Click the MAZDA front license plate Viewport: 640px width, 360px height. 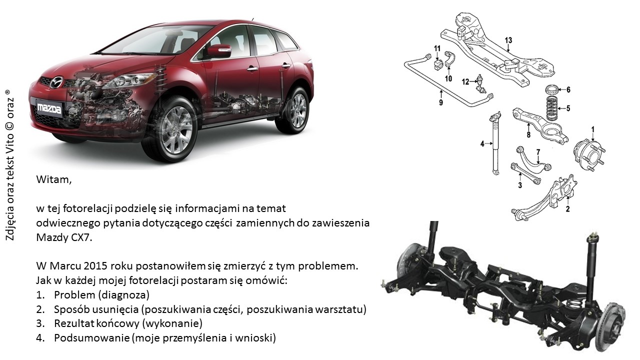49,109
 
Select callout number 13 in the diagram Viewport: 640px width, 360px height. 508,40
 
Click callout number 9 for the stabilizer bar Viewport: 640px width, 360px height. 441,102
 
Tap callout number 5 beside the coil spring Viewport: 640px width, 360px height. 568,108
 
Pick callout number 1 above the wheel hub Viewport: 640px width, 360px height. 593,129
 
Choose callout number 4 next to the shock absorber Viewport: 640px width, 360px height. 482,143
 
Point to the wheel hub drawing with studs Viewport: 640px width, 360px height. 589,154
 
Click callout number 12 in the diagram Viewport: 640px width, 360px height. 465,82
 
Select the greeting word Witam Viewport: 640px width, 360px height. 53,179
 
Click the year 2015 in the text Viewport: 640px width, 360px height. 95,266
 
